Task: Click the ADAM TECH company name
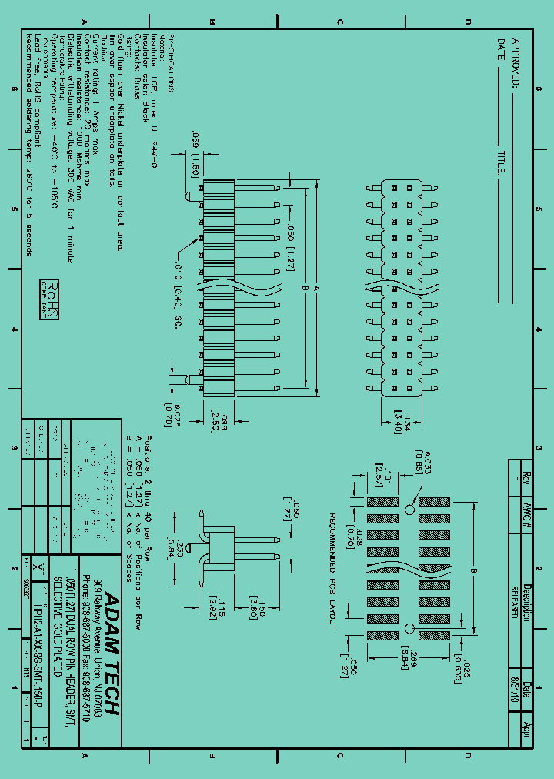(x=111, y=654)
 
